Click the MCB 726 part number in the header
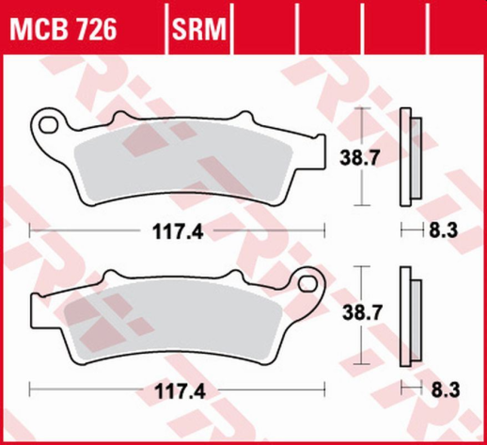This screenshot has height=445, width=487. click(63, 31)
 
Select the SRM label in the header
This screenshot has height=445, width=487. click(199, 31)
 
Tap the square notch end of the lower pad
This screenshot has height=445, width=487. click(37, 310)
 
